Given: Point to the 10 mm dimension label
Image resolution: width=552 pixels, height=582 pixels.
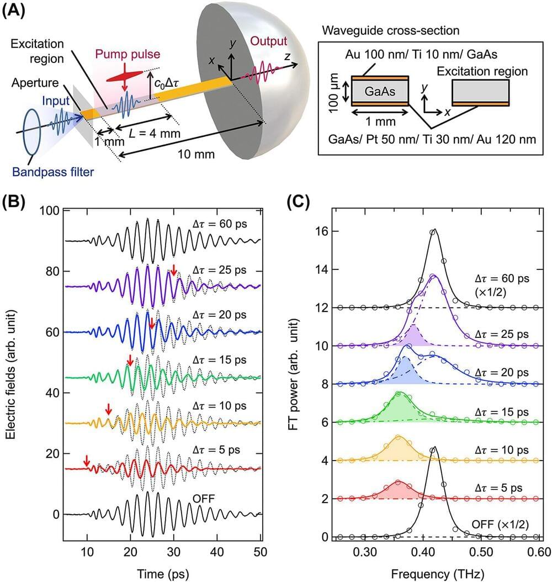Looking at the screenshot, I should tap(197, 154).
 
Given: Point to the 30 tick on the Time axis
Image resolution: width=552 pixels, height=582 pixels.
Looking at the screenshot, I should tap(174, 552).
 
